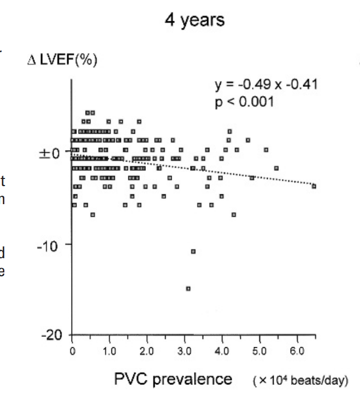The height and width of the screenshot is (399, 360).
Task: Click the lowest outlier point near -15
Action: coord(188,288)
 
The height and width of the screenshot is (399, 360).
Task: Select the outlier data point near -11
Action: coord(193,251)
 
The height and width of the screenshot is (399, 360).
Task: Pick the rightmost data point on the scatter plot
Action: coord(314,186)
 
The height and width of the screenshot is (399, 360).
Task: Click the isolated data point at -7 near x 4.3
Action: coord(234,215)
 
